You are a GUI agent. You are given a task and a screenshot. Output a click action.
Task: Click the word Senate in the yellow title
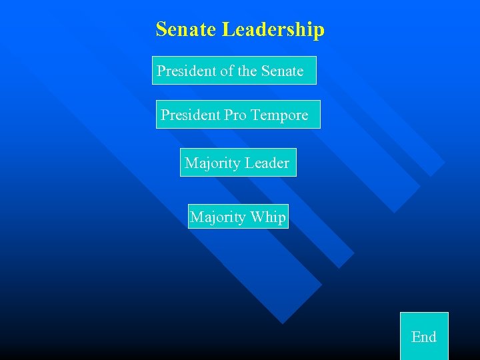[x=186, y=29]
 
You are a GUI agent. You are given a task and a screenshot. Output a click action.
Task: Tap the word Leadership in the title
[x=273, y=30]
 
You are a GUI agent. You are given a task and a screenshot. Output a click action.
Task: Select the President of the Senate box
[x=234, y=70]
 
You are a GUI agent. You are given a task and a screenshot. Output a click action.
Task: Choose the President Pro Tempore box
[x=238, y=114]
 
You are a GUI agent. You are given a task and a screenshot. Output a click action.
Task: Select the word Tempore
[x=280, y=115]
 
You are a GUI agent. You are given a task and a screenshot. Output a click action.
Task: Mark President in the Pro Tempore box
[x=191, y=115]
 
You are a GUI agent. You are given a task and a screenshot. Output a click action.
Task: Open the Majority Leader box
[x=238, y=163]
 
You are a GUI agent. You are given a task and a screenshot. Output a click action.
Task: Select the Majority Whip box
[x=238, y=217]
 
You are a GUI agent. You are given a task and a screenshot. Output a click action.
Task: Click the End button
[x=424, y=336]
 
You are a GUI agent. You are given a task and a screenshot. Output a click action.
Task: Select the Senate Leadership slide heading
[x=240, y=29]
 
